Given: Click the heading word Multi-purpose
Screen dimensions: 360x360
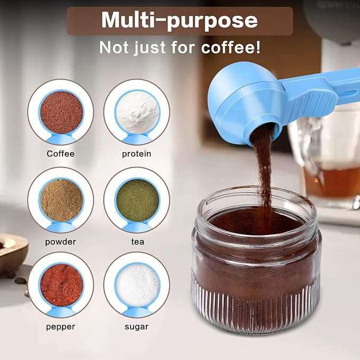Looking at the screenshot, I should pos(179,21).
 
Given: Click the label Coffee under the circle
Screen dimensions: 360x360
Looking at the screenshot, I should pos(60,154).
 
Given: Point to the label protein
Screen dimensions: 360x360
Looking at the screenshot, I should pos(137,154).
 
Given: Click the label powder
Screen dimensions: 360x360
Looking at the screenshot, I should pos(60,242).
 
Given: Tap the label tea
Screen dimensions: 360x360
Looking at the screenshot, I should pos(137,242).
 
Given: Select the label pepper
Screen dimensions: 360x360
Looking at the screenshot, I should pos(60,327).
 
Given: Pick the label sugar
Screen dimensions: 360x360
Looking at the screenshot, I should pos(137,327).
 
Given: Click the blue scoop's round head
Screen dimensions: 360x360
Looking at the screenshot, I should pos(241,101).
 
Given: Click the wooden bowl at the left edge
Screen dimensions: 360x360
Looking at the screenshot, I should pos(12,252).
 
